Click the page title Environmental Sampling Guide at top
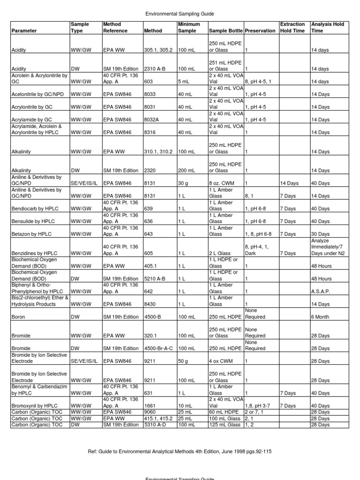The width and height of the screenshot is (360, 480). coord(180,15)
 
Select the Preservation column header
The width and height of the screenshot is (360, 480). coord(260,31)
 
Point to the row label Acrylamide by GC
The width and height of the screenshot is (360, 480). coord(31,120)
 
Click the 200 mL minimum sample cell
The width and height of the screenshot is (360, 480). coord(186,170)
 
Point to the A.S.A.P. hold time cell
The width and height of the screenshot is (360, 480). coord(321,291)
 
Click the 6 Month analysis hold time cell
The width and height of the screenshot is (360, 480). coord(321,317)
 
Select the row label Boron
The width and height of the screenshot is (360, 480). coord(19,317)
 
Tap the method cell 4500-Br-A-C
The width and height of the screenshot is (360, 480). coord(159,349)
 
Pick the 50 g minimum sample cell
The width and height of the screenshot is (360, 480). coord(185,361)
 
